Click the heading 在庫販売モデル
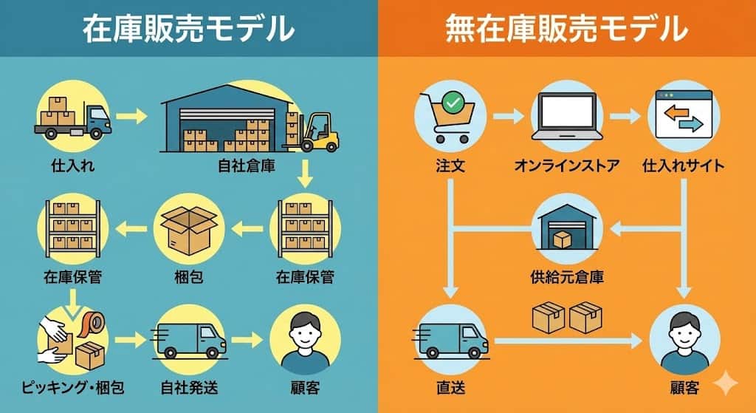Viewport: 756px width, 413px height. (188, 29)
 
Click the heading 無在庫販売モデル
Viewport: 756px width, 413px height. (566, 29)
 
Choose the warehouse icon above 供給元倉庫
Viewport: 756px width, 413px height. (567, 225)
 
